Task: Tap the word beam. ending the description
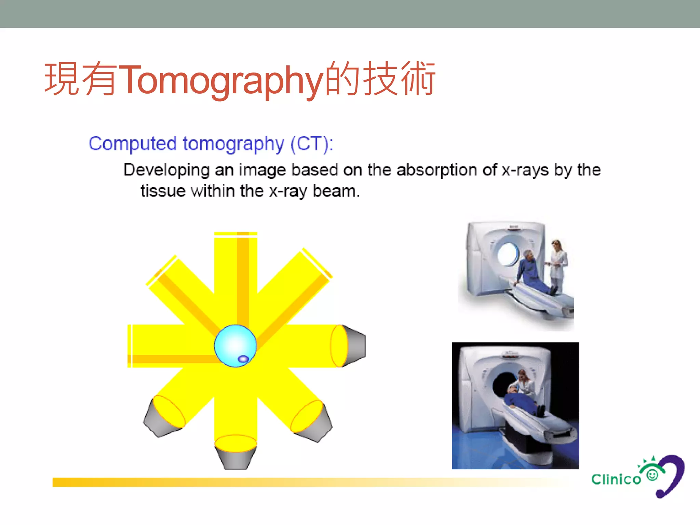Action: point(336,191)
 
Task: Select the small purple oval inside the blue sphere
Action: point(243,359)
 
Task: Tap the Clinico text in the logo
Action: point(616,479)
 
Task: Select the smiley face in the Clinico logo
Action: point(652,475)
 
